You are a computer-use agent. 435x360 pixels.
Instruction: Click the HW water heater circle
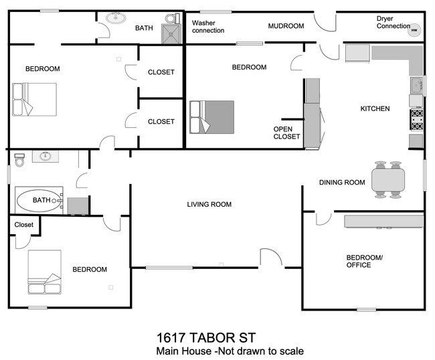tap(414, 29)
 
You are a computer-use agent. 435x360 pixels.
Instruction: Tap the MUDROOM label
tap(286, 26)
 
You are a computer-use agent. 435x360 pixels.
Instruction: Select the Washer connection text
tap(208, 27)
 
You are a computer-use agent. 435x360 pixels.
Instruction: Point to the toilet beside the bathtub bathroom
tap(19, 159)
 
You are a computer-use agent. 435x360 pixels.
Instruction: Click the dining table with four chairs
tap(388, 179)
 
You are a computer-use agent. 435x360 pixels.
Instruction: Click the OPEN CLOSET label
tap(286, 132)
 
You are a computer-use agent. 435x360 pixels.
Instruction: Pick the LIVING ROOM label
tap(209, 204)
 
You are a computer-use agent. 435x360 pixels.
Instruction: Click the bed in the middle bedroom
tap(211, 116)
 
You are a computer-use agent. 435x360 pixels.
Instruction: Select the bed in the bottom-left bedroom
tap(44, 272)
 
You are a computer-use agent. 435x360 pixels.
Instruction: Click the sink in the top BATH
tap(116, 17)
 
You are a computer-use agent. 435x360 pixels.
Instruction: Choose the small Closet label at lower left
tap(23, 225)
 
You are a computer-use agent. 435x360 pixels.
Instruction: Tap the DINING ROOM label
tap(341, 182)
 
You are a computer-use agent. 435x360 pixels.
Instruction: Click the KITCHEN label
tap(375, 108)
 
